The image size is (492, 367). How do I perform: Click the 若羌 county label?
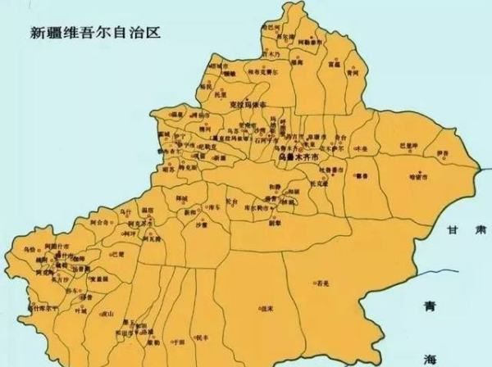pyautogui.click(x=323, y=284)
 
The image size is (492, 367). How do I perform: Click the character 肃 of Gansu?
pyautogui.click(x=480, y=232)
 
